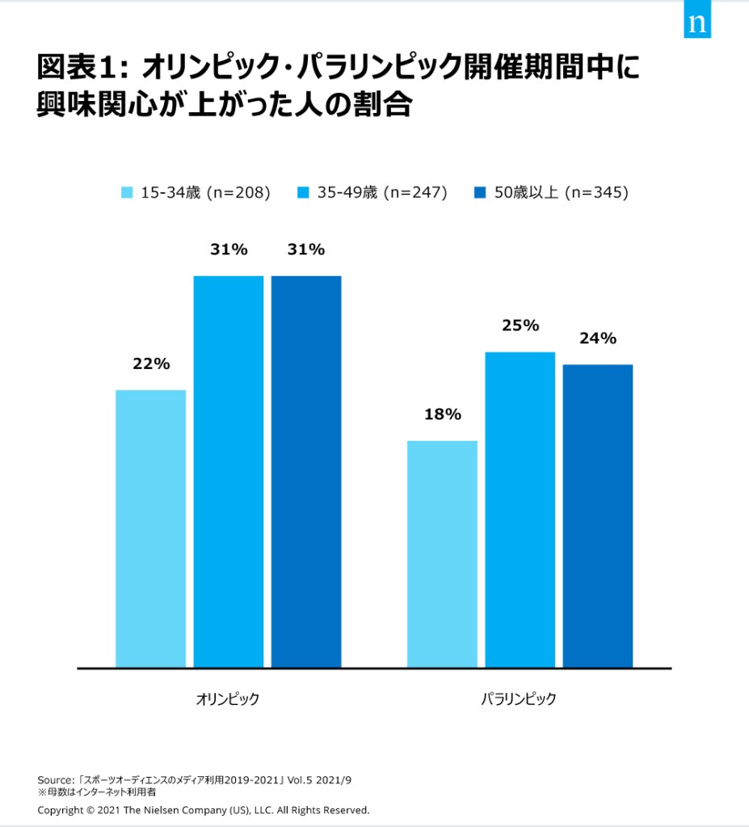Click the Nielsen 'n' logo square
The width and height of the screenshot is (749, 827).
tap(697, 23)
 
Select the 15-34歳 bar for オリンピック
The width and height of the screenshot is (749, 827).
tap(151, 529)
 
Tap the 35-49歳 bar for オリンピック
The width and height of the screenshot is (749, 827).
tap(229, 472)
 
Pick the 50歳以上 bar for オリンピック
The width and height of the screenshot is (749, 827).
tap(306, 472)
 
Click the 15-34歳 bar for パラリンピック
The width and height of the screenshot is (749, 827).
tap(442, 555)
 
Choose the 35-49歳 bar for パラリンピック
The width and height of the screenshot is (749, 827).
tap(520, 510)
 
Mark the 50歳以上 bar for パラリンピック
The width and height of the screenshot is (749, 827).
tap(598, 517)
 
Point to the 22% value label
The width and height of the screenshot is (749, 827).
tap(151, 364)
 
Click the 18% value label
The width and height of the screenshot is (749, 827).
tap(442, 415)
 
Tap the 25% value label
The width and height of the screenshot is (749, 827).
tap(520, 326)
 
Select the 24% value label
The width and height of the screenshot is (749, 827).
tap(598, 339)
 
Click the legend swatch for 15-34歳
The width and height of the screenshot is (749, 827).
tap(127, 193)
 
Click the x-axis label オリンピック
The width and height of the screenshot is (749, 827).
tap(228, 699)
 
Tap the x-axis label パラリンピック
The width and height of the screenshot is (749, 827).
tap(519, 699)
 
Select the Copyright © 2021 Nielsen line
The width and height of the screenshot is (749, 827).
tap(203, 809)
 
